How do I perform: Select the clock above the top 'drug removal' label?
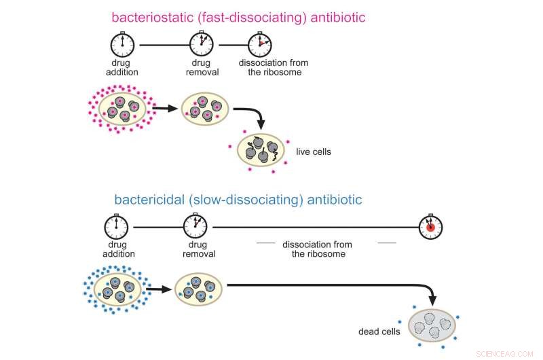click(202, 46)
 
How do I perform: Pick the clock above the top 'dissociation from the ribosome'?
click(259, 46)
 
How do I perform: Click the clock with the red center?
click(430, 228)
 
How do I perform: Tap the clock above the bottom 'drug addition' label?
click(115, 227)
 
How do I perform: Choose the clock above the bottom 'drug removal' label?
click(195, 227)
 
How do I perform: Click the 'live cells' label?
click(314, 151)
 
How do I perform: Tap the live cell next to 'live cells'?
click(262, 151)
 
